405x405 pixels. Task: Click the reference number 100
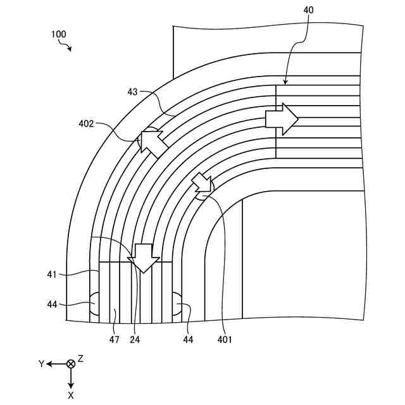(x=58, y=34)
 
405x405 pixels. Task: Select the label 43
(x=132, y=92)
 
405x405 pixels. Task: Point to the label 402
(x=86, y=124)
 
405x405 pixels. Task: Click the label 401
(x=225, y=340)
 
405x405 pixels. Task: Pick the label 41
(x=52, y=275)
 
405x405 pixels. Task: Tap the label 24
(x=134, y=340)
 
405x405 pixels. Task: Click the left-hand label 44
(x=52, y=304)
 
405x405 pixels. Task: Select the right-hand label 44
(x=188, y=340)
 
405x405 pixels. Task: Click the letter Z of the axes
(x=81, y=358)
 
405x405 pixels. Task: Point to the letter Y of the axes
(x=41, y=364)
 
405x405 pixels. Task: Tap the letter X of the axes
(x=71, y=395)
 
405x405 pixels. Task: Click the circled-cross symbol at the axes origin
(x=71, y=364)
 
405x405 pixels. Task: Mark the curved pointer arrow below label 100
(x=65, y=46)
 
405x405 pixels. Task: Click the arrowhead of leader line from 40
(x=285, y=84)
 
